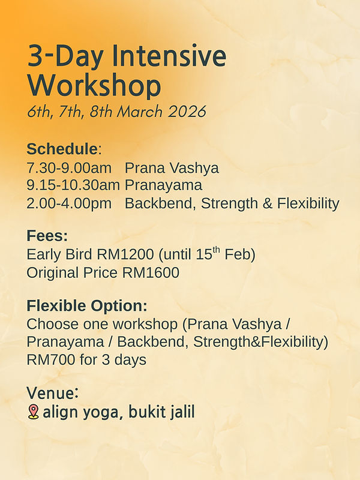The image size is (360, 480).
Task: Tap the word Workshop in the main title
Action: pos(94,86)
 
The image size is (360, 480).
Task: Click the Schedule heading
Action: pos(62,149)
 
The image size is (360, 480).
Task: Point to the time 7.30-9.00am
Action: pos(69,167)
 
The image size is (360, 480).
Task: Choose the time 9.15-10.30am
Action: pos(73,185)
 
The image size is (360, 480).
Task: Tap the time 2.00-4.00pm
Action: pos(69,203)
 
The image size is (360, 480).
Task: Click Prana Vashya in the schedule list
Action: pos(172,167)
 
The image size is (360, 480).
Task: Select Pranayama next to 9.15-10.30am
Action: pos(163,185)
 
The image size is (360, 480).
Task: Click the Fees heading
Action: pos(47,236)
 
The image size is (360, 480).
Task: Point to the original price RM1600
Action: pos(151,272)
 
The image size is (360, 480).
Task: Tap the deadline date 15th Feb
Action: pos(224,254)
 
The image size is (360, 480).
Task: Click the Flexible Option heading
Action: pos(87,305)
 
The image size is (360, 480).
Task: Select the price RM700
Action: pos(47,360)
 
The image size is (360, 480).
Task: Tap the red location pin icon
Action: pos(33,412)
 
